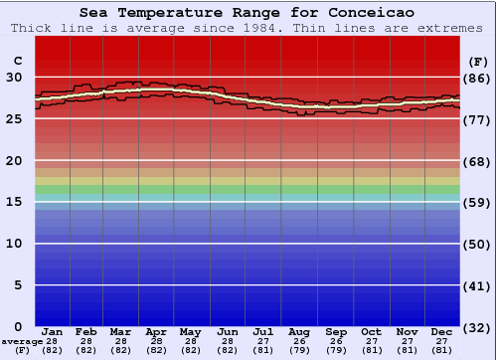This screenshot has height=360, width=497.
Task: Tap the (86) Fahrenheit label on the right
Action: (x=478, y=77)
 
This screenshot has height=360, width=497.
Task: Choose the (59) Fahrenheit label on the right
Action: (x=478, y=202)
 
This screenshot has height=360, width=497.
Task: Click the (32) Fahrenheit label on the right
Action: (x=478, y=327)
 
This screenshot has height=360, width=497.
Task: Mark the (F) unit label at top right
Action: (x=478, y=60)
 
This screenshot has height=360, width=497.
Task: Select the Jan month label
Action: (x=53, y=332)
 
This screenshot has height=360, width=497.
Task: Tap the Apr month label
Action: (x=156, y=332)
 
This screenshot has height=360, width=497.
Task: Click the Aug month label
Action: (x=299, y=332)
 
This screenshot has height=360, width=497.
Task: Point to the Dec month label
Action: (x=442, y=332)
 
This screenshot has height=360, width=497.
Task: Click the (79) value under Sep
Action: (x=336, y=350)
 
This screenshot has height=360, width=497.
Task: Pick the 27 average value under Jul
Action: (x=263, y=341)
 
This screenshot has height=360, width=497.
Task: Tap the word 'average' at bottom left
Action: (x=22, y=341)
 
